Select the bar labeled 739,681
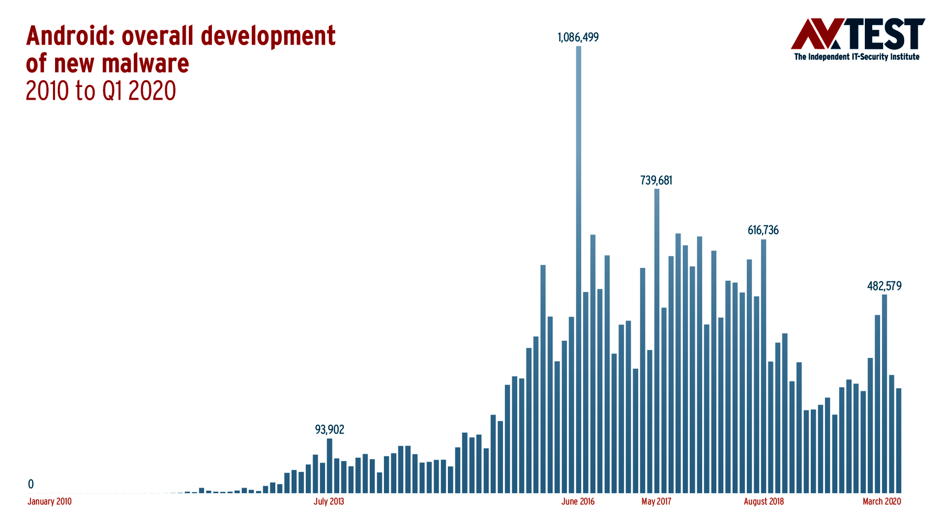point(657,341)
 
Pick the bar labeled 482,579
point(884,394)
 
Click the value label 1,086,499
point(578,37)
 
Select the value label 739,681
point(656,180)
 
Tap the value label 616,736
point(763,230)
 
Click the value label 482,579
point(884,286)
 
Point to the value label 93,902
point(329,430)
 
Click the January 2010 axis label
point(49,502)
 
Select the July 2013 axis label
point(329,502)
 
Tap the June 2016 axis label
point(578,502)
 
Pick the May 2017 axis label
point(656,502)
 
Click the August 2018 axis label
point(764,502)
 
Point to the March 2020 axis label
point(882,502)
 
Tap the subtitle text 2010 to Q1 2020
point(101,91)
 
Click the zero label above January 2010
point(31,484)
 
